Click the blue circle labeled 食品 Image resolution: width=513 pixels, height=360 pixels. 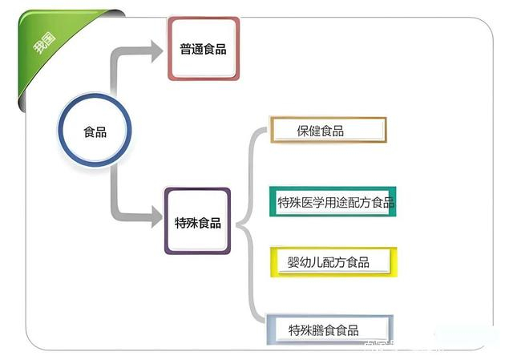click(x=95, y=131)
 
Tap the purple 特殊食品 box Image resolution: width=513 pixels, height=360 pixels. click(x=197, y=222)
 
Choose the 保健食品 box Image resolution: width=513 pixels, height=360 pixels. click(x=328, y=130)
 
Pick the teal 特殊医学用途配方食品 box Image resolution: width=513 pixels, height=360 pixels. click(x=333, y=202)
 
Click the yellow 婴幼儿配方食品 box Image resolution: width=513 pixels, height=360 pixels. click(x=331, y=262)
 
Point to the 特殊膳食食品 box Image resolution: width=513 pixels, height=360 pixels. click(x=329, y=330)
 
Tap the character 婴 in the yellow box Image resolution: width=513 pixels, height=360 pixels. click(x=293, y=262)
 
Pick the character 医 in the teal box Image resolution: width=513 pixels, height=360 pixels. click(x=309, y=202)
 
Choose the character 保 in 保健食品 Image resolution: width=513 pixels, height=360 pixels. click(x=303, y=131)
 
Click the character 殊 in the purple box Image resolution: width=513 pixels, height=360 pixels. click(x=192, y=222)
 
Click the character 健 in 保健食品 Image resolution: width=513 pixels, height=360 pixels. click(x=315, y=131)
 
